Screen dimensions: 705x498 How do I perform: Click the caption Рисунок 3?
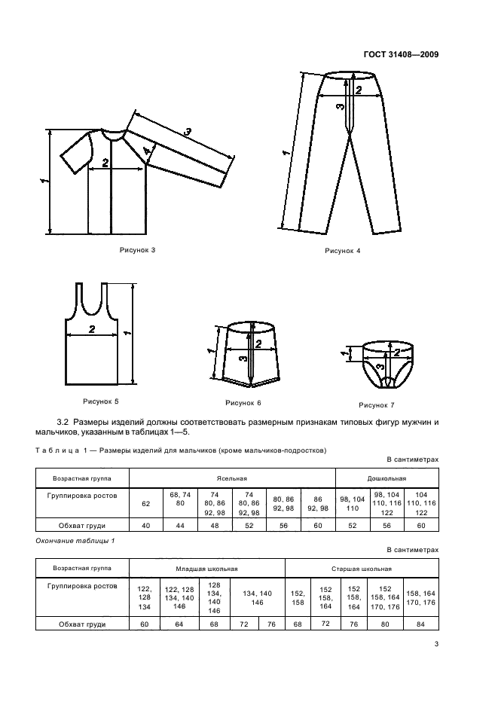point(136,249)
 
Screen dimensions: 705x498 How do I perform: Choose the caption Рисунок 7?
point(377,404)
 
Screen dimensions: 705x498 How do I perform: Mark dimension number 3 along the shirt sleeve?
point(188,133)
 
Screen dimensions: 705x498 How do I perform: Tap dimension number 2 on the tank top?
point(91,329)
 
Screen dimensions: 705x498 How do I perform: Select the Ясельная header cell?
point(232,478)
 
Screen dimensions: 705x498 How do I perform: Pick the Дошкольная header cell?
point(386,478)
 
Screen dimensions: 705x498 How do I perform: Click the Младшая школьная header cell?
point(206,569)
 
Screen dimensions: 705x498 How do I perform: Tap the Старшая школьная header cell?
point(363,569)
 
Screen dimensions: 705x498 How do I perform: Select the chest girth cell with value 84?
point(421,624)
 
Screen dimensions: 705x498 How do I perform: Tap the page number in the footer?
point(436,644)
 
